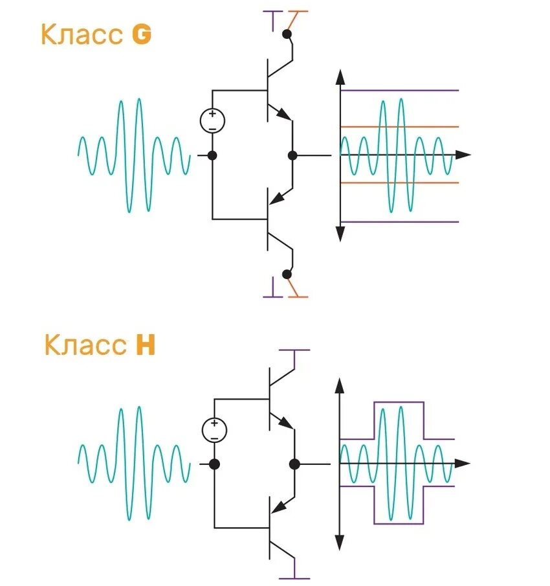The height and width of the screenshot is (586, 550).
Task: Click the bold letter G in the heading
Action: (x=142, y=35)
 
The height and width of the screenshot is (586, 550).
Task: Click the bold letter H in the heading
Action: (x=146, y=345)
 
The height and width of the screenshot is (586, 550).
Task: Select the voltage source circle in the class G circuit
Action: (x=212, y=121)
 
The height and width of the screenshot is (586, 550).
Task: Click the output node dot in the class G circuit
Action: (x=292, y=155)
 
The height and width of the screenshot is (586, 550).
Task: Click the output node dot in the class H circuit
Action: (x=294, y=464)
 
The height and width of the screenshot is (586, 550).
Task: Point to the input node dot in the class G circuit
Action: (x=212, y=155)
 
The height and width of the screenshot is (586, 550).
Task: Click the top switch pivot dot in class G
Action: (x=287, y=32)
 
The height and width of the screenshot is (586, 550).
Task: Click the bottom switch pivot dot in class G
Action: (x=287, y=276)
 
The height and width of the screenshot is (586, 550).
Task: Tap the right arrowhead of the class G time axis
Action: (x=463, y=155)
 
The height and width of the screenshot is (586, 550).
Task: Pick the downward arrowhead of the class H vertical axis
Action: (x=339, y=543)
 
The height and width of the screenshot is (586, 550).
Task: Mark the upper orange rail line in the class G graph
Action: (x=401, y=127)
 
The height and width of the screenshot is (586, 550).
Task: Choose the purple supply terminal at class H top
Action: (x=294, y=350)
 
